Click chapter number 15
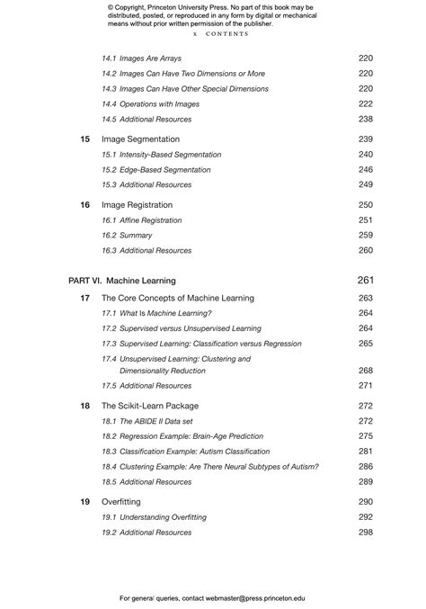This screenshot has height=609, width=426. coord(84,139)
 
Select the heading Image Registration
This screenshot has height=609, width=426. coord(137,205)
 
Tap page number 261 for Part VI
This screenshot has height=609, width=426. coord(365,281)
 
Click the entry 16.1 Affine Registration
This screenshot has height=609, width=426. coord(144,220)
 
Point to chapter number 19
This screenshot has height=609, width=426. coord(84,502)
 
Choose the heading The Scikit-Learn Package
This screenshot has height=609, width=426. coord(150,407)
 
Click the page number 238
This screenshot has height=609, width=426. coord(365,120)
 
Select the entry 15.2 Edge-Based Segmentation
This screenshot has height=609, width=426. coord(156,170)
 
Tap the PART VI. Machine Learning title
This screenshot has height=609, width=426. coord(122,281)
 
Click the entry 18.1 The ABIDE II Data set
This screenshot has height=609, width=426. coord(146,421)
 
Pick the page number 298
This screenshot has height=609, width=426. coord(365,533)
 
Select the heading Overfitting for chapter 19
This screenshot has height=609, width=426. coord(121,502)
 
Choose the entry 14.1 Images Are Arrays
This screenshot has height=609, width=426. coord(141,58)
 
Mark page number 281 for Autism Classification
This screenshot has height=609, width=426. coord(365,452)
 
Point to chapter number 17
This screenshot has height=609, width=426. coord(84,298)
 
